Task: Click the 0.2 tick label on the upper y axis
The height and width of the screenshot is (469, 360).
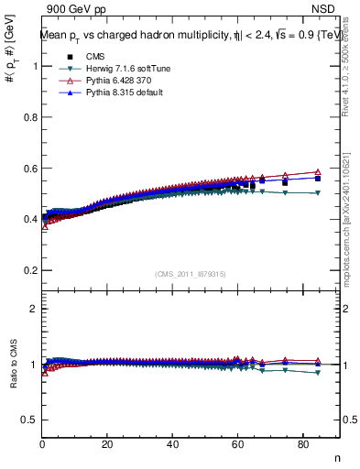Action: (30, 271)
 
